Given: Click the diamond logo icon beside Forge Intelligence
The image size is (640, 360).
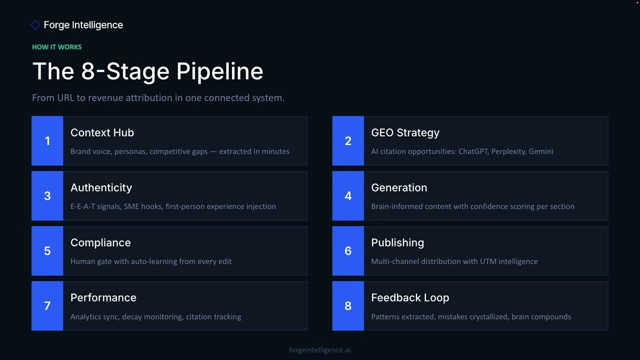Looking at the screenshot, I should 35,25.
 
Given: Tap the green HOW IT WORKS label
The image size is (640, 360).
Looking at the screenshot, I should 56,47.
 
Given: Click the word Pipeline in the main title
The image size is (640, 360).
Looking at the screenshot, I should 219,71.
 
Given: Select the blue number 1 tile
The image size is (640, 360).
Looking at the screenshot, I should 47,141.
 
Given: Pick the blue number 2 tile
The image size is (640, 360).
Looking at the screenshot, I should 348,141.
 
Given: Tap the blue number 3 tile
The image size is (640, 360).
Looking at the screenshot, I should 47,196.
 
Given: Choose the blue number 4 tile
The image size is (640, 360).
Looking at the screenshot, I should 348,196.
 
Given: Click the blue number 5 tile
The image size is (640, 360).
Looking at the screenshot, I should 47,251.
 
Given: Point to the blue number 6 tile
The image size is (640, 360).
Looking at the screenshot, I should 348,251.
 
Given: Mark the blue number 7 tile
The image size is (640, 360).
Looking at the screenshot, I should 47,306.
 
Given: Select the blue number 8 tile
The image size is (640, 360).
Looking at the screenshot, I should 348,306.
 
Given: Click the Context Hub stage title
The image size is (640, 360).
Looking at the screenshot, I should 102,132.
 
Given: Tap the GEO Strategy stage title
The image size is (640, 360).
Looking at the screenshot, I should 405,132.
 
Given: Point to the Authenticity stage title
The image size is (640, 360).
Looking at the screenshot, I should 101,187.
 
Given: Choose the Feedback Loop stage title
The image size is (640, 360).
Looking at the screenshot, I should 410,297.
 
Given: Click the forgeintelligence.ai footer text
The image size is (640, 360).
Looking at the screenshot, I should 320,350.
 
